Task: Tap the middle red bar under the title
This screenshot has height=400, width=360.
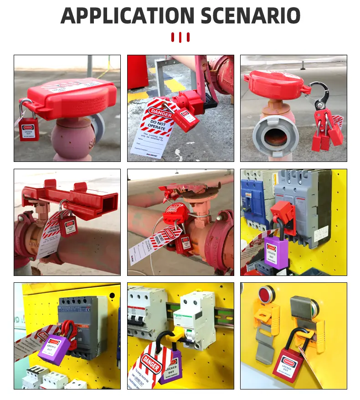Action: [180, 37]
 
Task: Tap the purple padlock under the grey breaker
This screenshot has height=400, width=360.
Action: [276, 251]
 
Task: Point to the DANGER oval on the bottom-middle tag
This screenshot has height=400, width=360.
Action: [150, 364]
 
